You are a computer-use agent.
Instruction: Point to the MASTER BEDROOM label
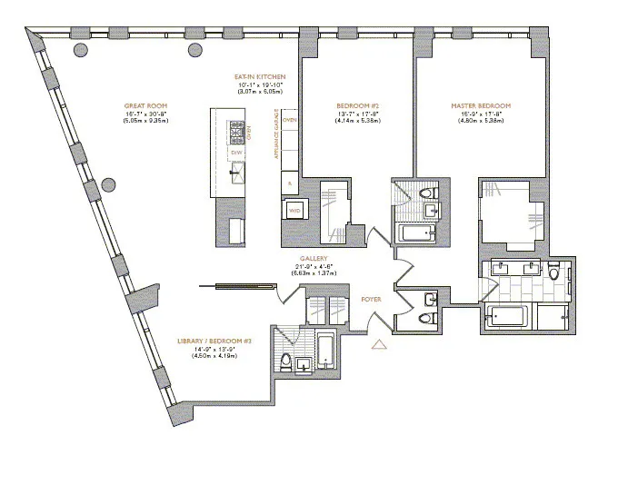(481, 106)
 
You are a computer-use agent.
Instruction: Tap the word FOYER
(372, 298)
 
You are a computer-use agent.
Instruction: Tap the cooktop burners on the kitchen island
(239, 133)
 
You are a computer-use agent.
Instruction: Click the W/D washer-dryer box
(294, 210)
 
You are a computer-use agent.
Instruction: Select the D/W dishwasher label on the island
(235, 153)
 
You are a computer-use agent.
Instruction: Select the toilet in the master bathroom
(553, 274)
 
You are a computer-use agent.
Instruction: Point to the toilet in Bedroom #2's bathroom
(430, 193)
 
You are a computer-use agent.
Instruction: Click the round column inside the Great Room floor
(109, 184)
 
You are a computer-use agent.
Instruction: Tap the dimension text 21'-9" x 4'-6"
(313, 265)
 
